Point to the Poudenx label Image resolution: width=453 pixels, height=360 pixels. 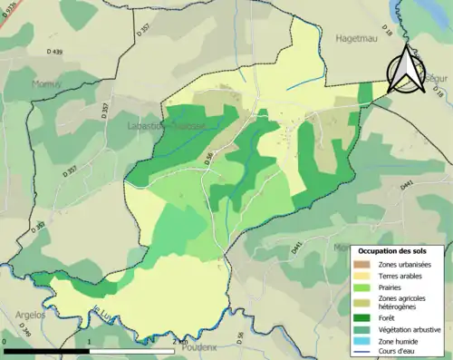[x=198, y=345]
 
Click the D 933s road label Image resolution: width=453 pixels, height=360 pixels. [x=13, y=12]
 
